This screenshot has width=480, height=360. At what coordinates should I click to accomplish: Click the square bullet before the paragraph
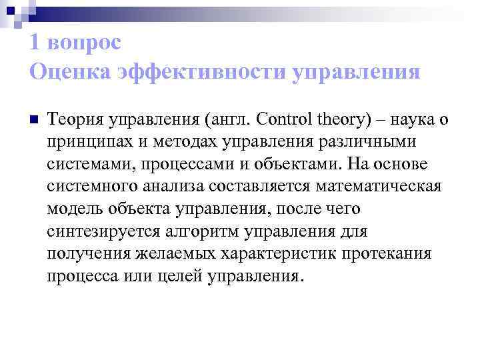coord(35,121)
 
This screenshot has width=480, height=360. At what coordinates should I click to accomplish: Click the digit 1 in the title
coord(34,43)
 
